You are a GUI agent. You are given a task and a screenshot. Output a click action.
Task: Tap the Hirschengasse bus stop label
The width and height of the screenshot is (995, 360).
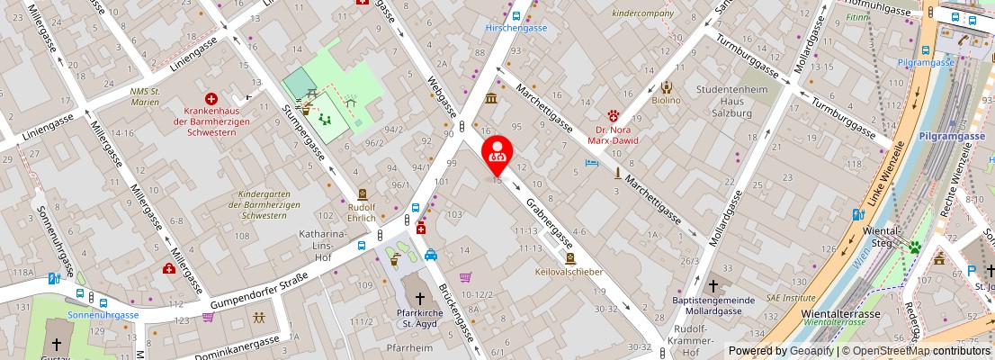coord(515,28)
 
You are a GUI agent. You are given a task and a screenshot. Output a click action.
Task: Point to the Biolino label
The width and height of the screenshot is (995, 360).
coord(666,100)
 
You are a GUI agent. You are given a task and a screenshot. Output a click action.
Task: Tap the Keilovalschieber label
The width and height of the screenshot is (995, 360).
coord(568,271)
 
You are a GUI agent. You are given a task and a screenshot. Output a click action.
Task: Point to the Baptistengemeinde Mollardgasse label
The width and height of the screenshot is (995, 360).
coord(713,306)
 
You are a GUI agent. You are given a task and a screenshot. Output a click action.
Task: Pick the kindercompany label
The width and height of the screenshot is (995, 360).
coord(642,13)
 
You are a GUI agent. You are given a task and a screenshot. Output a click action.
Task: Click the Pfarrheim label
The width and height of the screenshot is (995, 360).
coord(403,346)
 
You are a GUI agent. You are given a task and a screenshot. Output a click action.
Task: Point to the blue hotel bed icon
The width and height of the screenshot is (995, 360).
coord(591,163)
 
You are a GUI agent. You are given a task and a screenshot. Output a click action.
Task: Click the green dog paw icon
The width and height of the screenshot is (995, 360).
coord(916,247)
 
